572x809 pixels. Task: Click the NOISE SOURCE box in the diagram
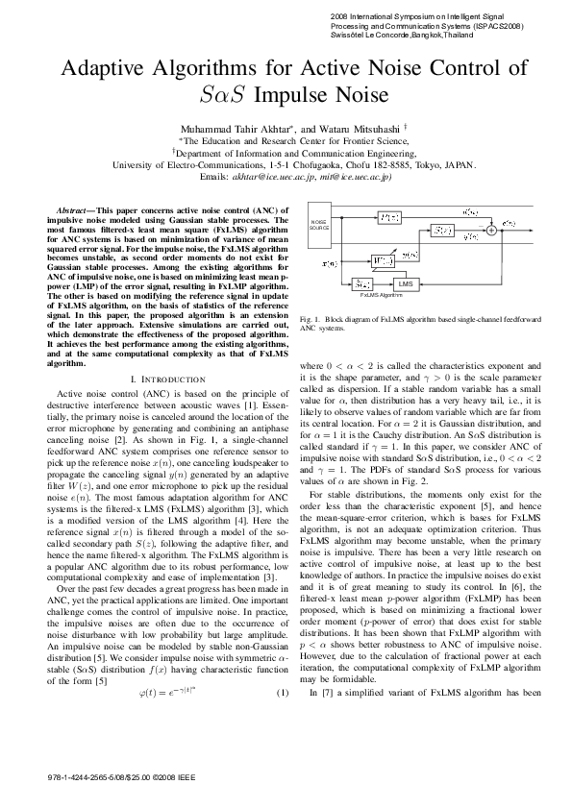(319, 225)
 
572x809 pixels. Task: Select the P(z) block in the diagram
(388, 218)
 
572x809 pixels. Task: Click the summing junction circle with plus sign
(491, 231)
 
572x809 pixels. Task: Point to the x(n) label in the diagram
(329, 262)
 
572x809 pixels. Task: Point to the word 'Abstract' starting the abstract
(72, 208)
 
